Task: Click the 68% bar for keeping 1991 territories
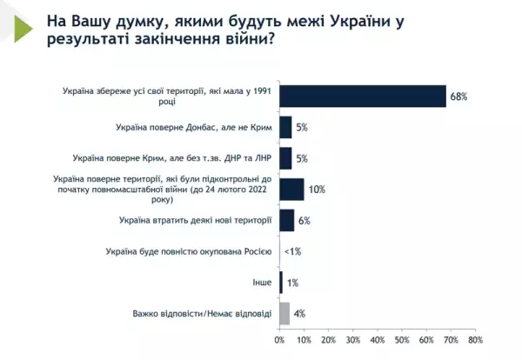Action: [362, 96]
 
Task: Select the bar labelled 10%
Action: [291, 189]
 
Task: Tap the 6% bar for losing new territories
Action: [286, 220]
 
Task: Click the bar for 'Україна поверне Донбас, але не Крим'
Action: [285, 127]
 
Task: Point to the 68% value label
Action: [458, 96]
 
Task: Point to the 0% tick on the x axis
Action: [279, 339]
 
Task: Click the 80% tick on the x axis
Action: [475, 339]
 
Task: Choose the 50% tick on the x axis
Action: [402, 339]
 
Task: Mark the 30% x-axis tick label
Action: [352, 339]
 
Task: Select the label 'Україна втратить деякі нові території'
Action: [195, 220]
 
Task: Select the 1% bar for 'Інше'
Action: [281, 283]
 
